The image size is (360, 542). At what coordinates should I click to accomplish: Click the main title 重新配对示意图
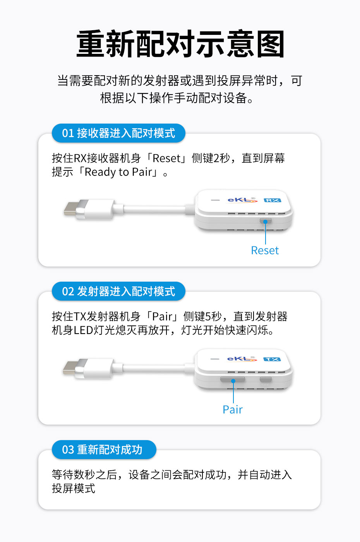pos(180,44)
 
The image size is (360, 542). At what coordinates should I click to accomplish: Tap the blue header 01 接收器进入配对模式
pos(118,133)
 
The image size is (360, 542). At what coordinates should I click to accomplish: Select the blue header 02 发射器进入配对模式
pos(118,291)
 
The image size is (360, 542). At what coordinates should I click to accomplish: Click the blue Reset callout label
pos(265,251)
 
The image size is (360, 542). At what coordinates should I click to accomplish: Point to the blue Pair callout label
pos(233,410)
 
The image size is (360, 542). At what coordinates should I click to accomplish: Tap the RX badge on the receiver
pos(272,200)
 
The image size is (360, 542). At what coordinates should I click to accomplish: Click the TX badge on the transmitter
pos(272,359)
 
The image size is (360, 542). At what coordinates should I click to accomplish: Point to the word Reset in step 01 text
pos(166,158)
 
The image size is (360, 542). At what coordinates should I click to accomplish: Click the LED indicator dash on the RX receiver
pos(215,200)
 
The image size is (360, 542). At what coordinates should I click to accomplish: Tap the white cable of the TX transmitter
pos(155,368)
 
